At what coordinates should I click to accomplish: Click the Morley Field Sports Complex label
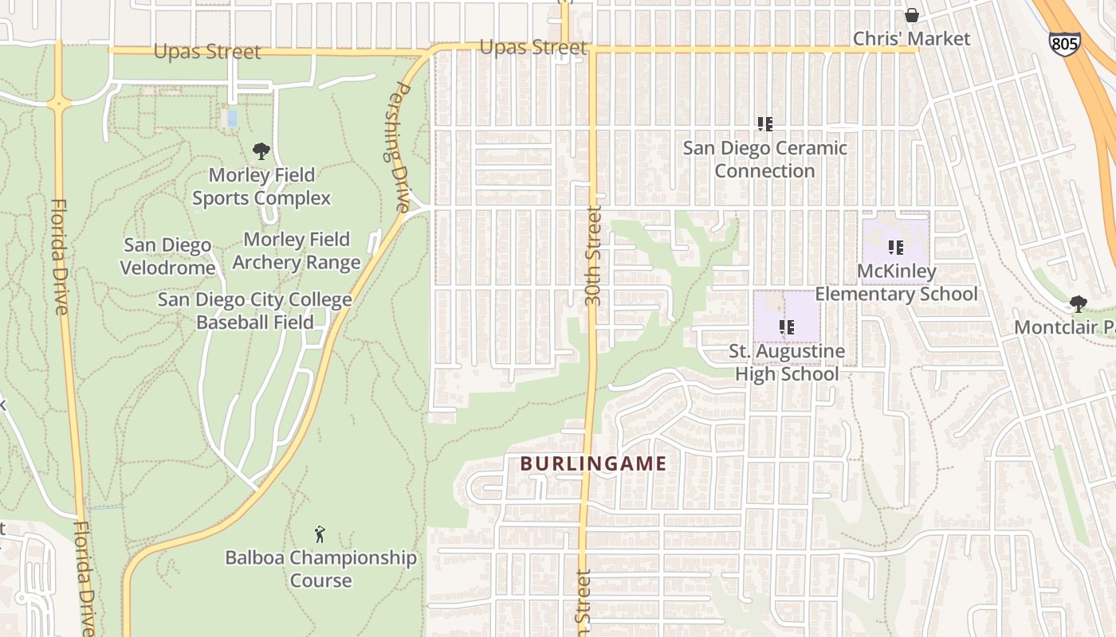coord(261,186)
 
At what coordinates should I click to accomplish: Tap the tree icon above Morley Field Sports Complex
coord(261,151)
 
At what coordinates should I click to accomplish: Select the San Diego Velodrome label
coord(167,256)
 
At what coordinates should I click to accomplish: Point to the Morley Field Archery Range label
coord(297,251)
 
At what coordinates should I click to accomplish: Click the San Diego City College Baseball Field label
coord(254,311)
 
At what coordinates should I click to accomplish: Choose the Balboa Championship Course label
coord(320,569)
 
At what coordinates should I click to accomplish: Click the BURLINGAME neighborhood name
coord(593,463)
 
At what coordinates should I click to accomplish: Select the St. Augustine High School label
coord(787,362)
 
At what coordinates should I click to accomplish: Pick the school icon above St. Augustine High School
coord(787,326)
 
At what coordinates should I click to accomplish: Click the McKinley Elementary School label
coord(896,283)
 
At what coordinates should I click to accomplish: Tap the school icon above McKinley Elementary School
coord(896,248)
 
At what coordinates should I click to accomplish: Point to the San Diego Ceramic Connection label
coord(764,159)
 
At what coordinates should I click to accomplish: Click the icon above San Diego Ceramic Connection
coord(765,123)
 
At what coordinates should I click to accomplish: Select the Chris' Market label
coord(911,38)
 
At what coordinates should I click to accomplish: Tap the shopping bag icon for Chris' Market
coord(911,15)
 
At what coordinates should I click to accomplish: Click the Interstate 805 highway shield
coord(1064,42)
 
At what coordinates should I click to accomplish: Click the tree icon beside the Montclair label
coord(1078,303)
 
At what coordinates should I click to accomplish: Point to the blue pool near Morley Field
coord(232,119)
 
